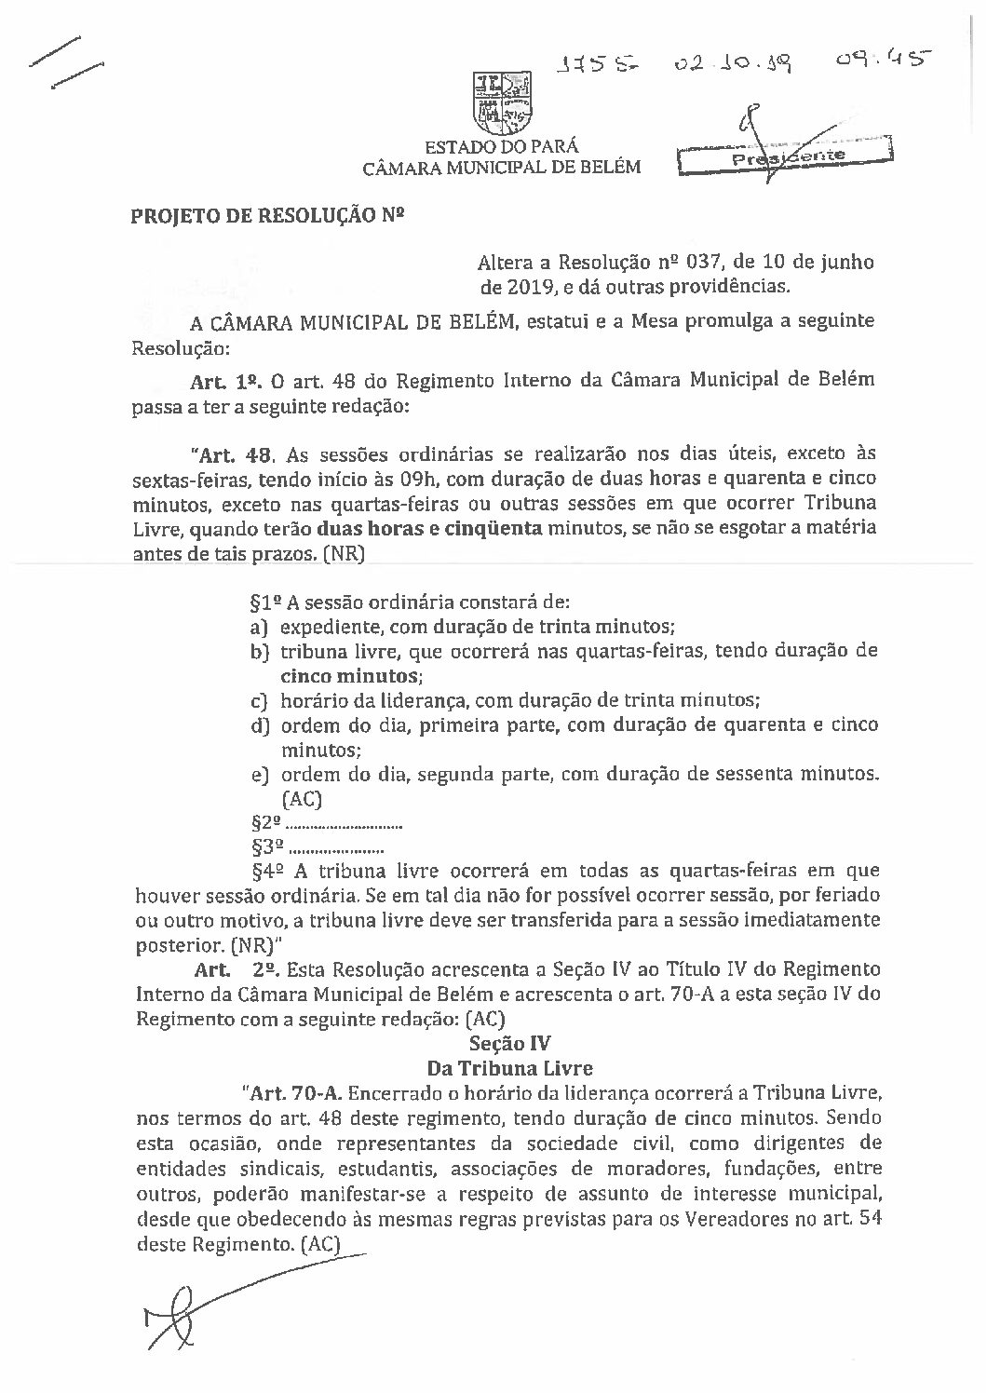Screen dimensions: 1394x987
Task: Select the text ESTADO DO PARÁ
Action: coord(501,147)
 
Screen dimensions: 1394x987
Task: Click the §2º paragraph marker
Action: coord(266,824)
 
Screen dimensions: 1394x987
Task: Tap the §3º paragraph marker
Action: coord(266,848)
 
